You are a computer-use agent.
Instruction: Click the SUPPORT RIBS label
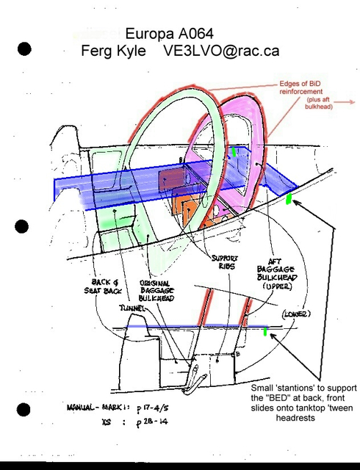click(224, 264)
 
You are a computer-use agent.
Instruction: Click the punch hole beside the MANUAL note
click(24, 410)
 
